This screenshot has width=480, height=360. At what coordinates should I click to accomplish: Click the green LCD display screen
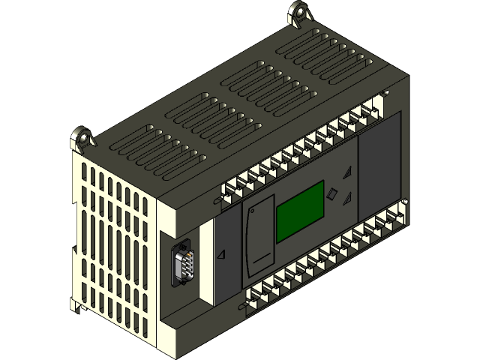pyautogui.click(x=300, y=211)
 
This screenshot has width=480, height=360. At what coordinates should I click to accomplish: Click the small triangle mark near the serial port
pyautogui.click(x=221, y=255)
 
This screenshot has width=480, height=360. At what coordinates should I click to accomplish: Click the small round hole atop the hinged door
pyautogui.click(x=257, y=211)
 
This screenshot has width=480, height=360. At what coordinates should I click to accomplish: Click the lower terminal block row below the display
pyautogui.click(x=322, y=259)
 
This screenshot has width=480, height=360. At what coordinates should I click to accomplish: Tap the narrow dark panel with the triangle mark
pyautogui.click(x=225, y=259)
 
